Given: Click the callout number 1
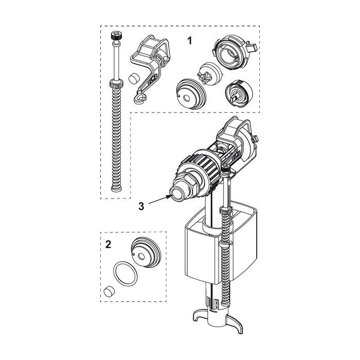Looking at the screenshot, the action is click(189, 41).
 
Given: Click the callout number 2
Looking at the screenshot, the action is click(108, 244).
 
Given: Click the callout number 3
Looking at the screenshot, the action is click(141, 206).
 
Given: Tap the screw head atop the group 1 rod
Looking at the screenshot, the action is click(116, 35).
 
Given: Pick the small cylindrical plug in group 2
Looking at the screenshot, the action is click(109, 291).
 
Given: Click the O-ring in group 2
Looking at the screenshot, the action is click(125, 274).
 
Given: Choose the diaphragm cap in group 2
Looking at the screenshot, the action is click(146, 253).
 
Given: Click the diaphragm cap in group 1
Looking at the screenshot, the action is click(191, 94).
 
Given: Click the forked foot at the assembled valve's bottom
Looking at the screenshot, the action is click(218, 318).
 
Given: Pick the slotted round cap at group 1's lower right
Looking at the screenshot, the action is click(239, 93).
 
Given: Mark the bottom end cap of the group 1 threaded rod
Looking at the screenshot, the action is click(116, 189).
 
